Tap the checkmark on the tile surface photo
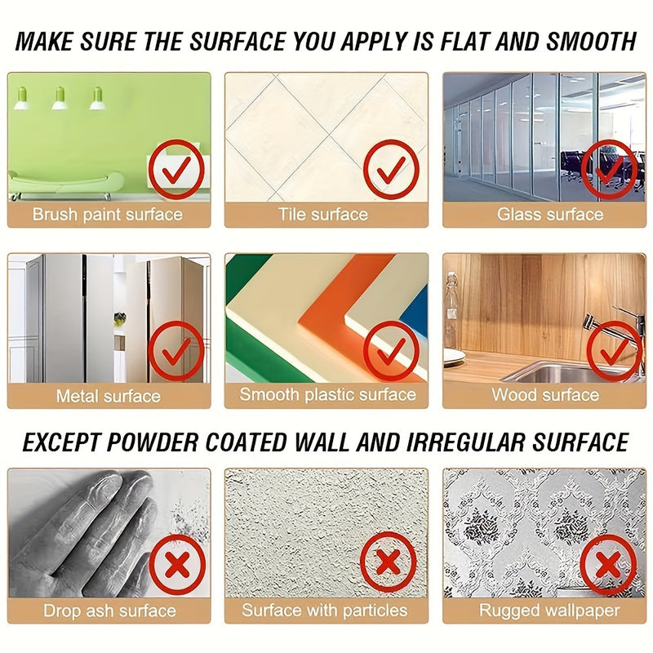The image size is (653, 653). click(391, 170)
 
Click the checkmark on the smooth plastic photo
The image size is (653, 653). click(391, 351)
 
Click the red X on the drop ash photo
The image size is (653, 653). click(175, 562)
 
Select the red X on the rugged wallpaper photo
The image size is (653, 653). click(609, 563)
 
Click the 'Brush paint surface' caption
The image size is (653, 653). click(108, 215)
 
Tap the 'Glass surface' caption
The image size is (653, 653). click(550, 215)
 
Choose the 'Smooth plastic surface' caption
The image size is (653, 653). click(327, 395)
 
